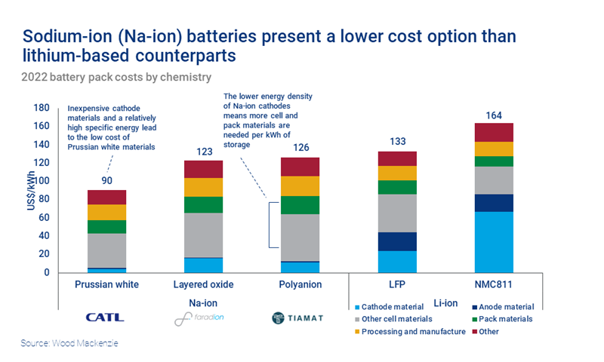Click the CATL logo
click(106, 318)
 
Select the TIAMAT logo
click(296, 318)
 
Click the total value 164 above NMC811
click(492, 115)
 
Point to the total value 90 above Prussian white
click(106, 182)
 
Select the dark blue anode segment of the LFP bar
click(397, 241)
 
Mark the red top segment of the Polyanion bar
click(300, 166)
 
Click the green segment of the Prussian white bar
click(106, 226)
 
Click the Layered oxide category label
click(203, 284)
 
